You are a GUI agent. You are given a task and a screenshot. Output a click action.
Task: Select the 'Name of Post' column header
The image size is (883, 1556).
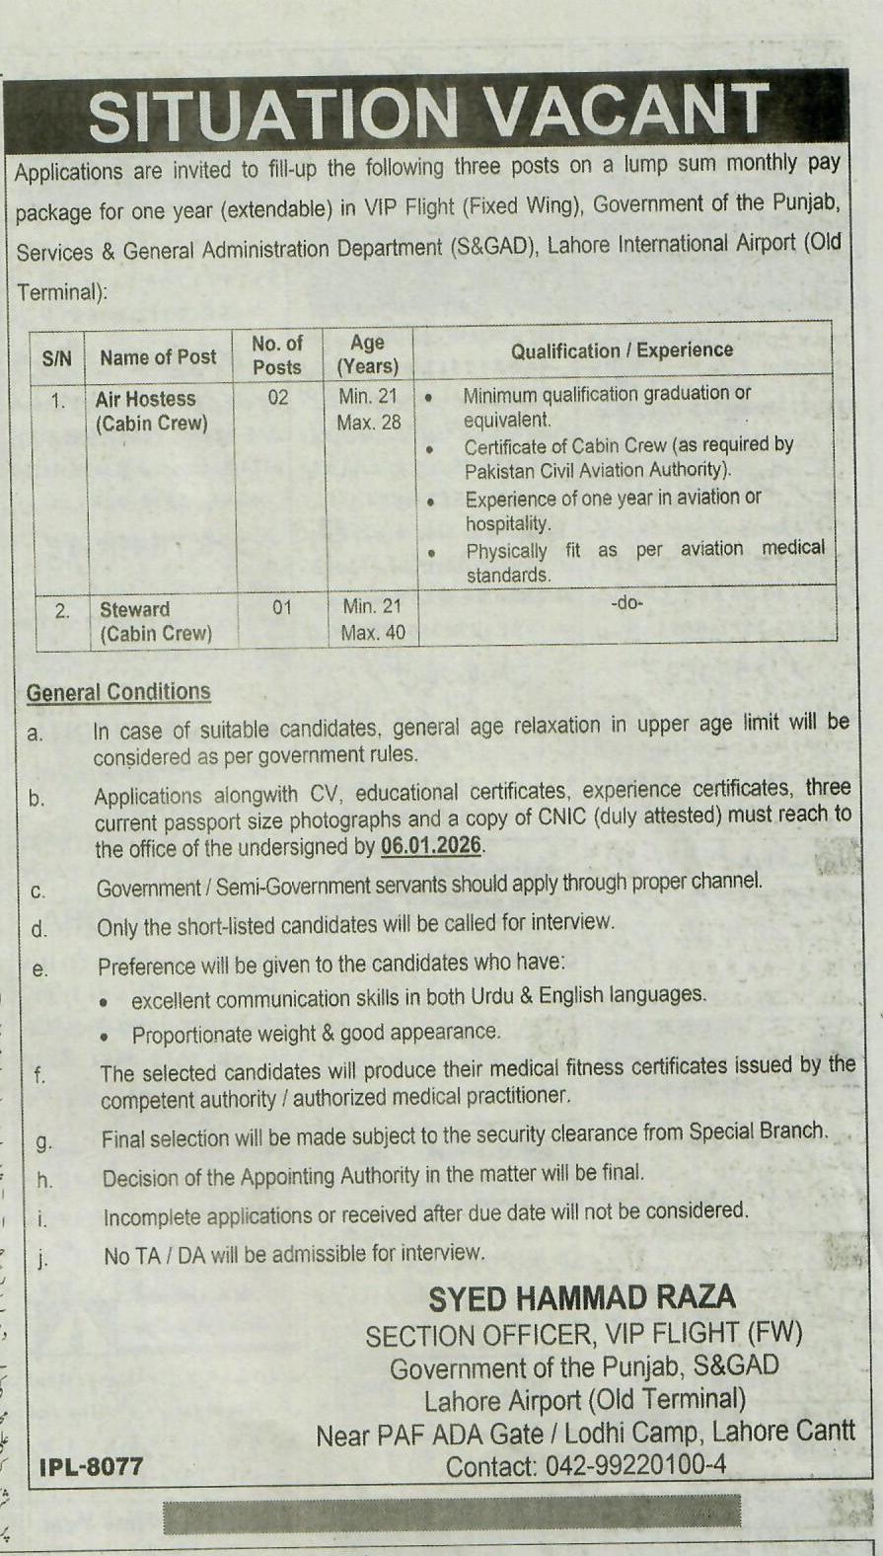[158, 357]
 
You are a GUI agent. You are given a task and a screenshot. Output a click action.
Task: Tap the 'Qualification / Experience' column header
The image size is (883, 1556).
[622, 350]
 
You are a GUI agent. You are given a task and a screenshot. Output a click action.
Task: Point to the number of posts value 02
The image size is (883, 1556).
[278, 399]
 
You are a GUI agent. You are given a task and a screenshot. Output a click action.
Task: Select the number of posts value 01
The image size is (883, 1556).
[282, 608]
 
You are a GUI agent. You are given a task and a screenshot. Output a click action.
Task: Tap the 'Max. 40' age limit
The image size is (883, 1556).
[373, 633]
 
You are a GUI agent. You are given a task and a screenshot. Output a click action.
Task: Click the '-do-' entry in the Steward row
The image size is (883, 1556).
[626, 602]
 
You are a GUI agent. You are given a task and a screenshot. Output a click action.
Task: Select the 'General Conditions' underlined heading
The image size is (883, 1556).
[118, 692]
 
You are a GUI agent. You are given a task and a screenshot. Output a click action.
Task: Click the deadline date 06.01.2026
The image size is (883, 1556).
[432, 846]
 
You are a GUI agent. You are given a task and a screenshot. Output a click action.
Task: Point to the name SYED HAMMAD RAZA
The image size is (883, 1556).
[582, 1297]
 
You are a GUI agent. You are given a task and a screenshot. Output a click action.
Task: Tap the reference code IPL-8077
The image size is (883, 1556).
[92, 1466]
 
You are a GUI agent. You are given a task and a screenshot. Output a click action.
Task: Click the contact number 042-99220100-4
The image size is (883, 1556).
[586, 1466]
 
